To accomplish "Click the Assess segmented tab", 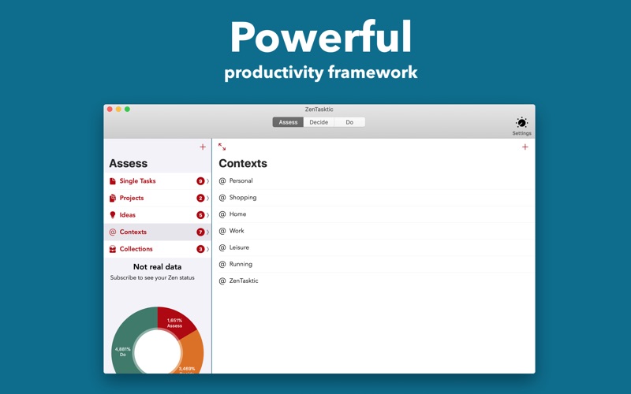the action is (288, 122).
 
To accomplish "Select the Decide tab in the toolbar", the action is (319, 122).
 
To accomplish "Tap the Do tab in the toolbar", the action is (349, 122).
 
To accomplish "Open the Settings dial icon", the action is (521, 122).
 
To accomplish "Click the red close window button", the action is (110, 110).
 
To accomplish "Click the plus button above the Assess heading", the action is (203, 147).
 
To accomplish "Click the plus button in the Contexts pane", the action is (525, 147).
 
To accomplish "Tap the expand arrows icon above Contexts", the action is (222, 147).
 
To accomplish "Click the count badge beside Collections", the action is (200, 249).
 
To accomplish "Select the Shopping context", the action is (243, 198).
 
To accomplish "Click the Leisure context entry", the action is (239, 247).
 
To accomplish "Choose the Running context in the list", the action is (241, 264).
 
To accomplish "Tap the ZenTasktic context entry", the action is (244, 281).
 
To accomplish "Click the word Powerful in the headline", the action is (321, 37).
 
